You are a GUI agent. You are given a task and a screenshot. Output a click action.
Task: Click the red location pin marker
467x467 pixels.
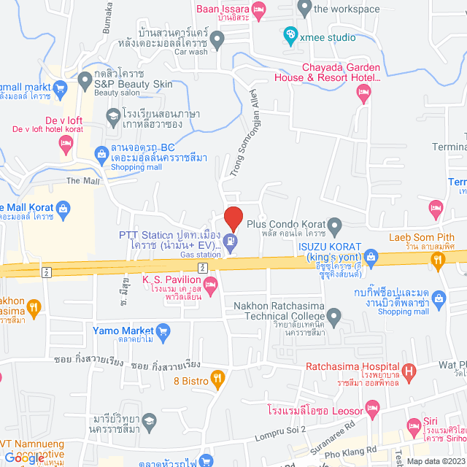(233, 217)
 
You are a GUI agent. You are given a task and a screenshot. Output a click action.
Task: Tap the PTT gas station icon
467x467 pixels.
(231, 241)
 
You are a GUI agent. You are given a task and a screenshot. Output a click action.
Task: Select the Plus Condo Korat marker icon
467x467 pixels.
(334, 224)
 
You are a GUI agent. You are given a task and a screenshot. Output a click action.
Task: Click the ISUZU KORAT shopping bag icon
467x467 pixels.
(371, 256)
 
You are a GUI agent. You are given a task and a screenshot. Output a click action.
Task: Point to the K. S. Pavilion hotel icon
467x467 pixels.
(211, 292)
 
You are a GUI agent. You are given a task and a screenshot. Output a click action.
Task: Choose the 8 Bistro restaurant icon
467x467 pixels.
(217, 378)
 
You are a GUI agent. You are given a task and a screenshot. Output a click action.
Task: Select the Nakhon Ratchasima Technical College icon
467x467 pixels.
(334, 317)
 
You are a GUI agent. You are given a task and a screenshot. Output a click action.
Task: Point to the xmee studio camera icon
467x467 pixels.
(290, 33)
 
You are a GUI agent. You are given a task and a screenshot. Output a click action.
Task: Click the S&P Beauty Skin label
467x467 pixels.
(133, 84)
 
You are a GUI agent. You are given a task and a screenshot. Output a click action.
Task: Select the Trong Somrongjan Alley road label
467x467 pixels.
(247, 128)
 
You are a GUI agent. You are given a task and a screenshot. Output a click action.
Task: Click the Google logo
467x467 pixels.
(26, 458)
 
